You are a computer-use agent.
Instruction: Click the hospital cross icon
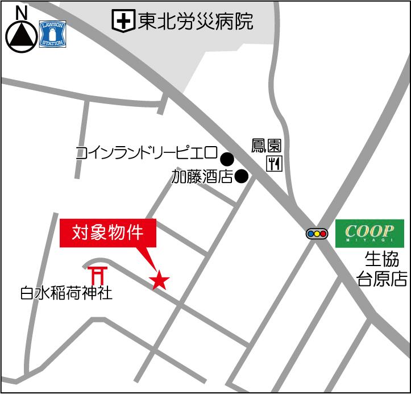(122, 22)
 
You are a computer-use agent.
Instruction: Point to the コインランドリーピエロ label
(147, 153)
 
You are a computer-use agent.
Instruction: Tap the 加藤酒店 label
(202, 177)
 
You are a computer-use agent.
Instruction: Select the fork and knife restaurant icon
(274, 164)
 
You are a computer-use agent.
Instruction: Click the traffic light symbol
(317, 233)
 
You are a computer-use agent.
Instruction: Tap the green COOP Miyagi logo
(370, 233)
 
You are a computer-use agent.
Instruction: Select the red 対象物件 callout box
(107, 233)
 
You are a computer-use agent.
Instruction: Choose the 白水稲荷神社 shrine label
(67, 293)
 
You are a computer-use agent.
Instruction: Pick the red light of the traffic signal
(324, 233)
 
